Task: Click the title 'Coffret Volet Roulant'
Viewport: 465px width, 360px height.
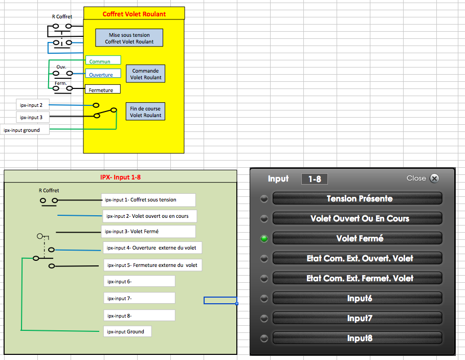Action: click(134, 14)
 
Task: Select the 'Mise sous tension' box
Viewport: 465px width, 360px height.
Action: click(129, 38)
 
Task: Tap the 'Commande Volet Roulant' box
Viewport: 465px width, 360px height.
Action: click(146, 74)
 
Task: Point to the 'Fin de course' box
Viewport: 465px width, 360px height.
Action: click(145, 111)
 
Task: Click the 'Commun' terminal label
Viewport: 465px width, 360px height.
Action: click(103, 61)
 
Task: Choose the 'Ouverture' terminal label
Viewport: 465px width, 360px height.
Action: click(103, 74)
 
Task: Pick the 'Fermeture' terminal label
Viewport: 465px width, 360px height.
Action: click(102, 89)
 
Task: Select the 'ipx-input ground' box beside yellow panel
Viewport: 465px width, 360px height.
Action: click(25, 130)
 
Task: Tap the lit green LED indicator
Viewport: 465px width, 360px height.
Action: click(264, 239)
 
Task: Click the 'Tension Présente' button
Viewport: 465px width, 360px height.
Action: click(357, 198)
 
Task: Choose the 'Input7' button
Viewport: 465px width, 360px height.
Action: click(357, 318)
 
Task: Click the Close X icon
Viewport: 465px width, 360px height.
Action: click(434, 178)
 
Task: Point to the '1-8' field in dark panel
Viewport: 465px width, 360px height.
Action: click(314, 179)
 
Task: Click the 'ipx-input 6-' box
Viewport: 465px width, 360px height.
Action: click(139, 281)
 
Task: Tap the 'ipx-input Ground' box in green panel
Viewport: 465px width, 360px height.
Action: click(127, 331)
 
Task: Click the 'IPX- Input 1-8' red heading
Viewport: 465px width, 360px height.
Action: click(120, 177)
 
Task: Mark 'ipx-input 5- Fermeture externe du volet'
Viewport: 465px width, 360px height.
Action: click(152, 265)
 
